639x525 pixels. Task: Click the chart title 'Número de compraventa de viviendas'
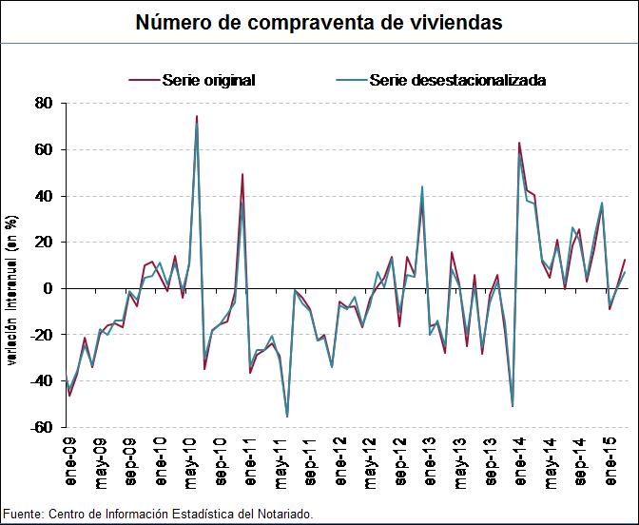coord(319,22)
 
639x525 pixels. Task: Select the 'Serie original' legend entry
coord(208,80)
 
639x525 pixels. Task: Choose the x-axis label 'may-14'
coord(551,465)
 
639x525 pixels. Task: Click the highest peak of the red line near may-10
coord(197,116)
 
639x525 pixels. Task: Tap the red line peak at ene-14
coord(519,143)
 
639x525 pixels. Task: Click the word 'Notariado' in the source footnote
coord(281,515)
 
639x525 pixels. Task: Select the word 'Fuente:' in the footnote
coord(23,515)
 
